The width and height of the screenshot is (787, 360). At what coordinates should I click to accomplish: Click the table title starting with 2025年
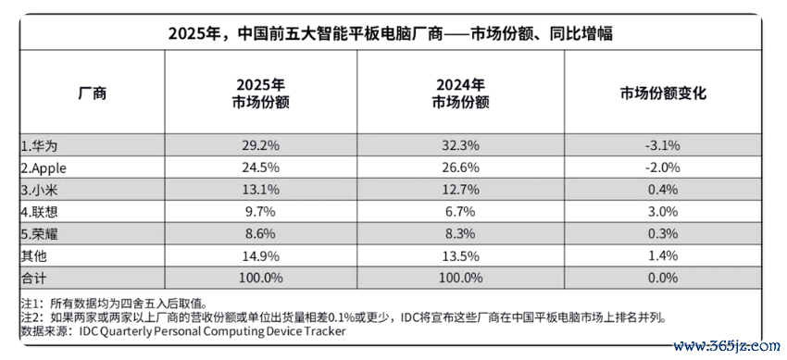click(390, 34)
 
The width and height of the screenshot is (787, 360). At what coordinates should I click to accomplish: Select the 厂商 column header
click(93, 93)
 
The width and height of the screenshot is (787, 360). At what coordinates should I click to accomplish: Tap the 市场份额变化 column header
click(663, 93)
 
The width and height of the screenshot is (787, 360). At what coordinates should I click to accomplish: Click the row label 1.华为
click(43, 146)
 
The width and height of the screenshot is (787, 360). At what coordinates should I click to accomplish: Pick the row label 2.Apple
click(44, 168)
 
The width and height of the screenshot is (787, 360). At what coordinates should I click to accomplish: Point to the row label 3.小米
click(43, 190)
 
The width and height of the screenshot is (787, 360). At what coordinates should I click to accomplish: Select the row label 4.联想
click(40, 212)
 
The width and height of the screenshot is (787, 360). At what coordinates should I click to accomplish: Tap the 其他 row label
click(34, 255)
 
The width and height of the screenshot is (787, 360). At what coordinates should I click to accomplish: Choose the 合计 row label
click(34, 278)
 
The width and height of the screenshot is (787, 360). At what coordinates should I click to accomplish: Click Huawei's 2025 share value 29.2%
click(260, 146)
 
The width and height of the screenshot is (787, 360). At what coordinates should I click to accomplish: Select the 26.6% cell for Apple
click(461, 168)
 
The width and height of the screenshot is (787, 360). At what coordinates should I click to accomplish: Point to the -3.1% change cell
click(663, 146)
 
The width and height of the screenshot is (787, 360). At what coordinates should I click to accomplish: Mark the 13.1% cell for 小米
click(260, 190)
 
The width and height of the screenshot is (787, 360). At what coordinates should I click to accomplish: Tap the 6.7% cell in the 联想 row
click(461, 212)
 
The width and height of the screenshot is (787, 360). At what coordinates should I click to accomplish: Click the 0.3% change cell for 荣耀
click(663, 233)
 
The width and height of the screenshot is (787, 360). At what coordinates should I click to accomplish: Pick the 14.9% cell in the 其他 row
click(260, 255)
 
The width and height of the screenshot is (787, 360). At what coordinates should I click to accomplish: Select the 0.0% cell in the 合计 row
click(663, 278)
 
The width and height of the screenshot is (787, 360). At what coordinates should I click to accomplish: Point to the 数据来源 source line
click(183, 331)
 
